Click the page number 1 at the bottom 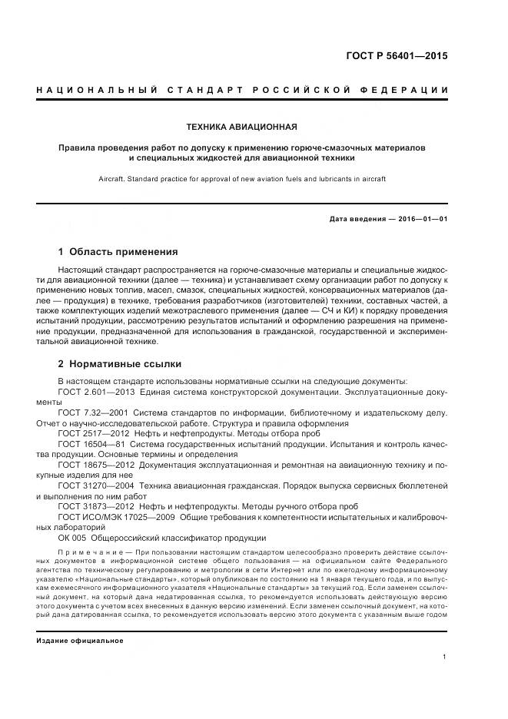click(445, 657)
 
